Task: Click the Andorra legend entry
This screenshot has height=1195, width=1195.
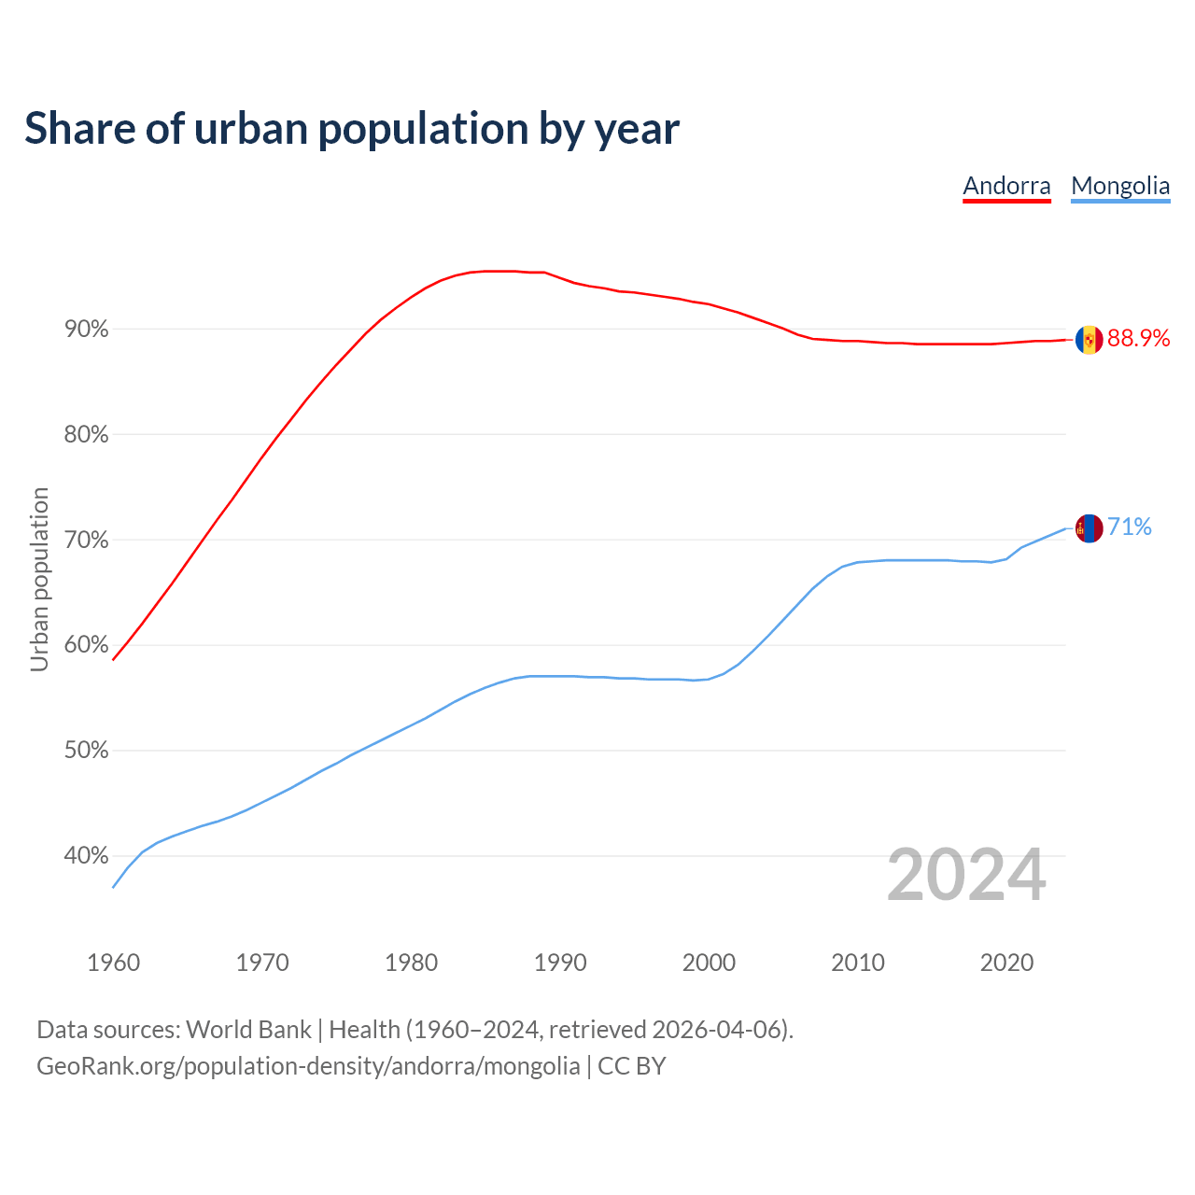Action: pyautogui.click(x=1006, y=186)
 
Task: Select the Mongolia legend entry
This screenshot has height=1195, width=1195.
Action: pyautogui.click(x=1120, y=186)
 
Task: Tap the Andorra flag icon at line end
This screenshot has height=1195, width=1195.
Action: pyautogui.click(x=1089, y=340)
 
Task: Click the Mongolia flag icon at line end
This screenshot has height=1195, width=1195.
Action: pyautogui.click(x=1089, y=528)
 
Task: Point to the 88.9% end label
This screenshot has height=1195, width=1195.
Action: pyautogui.click(x=1138, y=339)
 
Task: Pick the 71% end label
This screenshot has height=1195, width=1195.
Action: pyautogui.click(x=1129, y=527)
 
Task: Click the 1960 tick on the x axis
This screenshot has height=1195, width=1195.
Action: pyautogui.click(x=114, y=963)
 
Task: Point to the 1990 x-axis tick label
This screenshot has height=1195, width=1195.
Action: pyautogui.click(x=560, y=963)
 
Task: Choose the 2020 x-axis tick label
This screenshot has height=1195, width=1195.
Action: pyautogui.click(x=1006, y=963)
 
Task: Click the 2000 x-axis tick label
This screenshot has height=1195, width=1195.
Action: pyautogui.click(x=709, y=963)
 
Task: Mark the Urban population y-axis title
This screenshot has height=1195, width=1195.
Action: pyautogui.click(x=39, y=579)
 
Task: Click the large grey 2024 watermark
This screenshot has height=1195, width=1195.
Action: pyautogui.click(x=966, y=876)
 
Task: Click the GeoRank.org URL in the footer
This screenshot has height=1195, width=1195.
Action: pyautogui.click(x=308, y=1066)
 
